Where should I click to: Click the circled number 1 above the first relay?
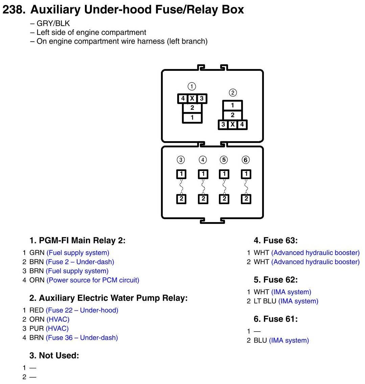coord(192,86)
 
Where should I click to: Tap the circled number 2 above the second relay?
coord(232,92)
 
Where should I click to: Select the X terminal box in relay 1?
coord(192,99)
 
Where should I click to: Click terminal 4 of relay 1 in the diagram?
coord(183,99)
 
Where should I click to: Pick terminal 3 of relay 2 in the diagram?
coord(223,125)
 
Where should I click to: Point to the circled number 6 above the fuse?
coord(246,160)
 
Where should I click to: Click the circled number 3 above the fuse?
coord(181,160)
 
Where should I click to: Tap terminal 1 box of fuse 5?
coord(224,174)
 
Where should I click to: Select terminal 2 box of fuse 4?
coord(203,199)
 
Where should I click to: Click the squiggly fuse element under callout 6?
coord(246,187)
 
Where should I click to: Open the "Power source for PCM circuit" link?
coord(93,280)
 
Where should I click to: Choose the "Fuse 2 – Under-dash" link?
coord(80,262)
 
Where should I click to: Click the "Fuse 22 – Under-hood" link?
coord(82,310)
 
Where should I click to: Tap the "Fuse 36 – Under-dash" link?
coord(82,338)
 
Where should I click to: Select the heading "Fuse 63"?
coord(276,241)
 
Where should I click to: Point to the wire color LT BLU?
coord(265,301)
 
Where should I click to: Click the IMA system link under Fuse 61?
coord(289,341)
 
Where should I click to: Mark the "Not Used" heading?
coord(54,356)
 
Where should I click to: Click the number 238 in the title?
coord(13,9)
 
